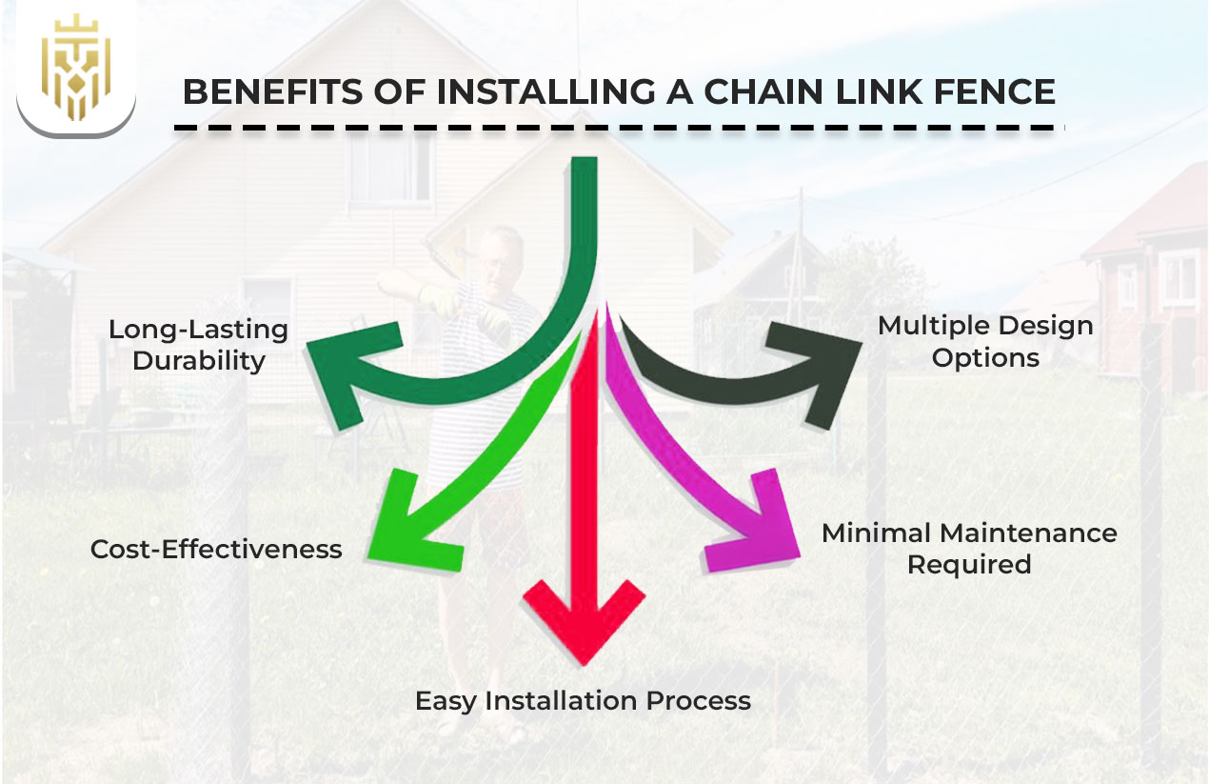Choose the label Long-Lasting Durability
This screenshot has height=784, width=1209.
[198, 345]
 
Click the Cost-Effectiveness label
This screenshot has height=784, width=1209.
[216, 549]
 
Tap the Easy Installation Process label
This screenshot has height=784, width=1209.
[583, 701]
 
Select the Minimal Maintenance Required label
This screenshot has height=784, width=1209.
[969, 548]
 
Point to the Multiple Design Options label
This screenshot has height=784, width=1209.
[985, 341]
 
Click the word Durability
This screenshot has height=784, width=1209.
[198, 362]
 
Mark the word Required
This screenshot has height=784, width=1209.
[969, 564]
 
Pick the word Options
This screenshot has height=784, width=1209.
[985, 358]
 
